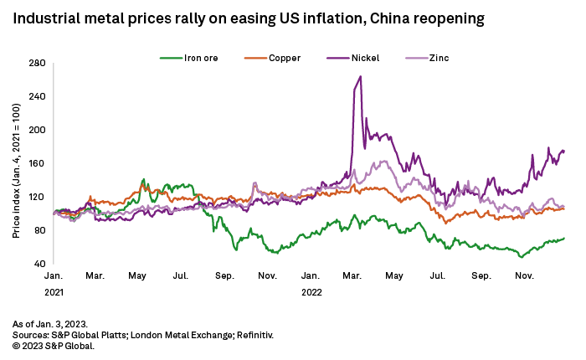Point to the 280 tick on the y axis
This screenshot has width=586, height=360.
[37, 63]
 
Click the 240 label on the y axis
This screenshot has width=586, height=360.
[37, 96]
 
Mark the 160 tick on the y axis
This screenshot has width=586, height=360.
[37, 163]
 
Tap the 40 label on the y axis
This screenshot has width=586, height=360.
[39, 264]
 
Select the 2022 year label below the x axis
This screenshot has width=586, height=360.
[311, 292]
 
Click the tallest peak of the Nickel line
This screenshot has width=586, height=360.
[360, 77]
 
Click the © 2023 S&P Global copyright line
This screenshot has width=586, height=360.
[53, 345]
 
